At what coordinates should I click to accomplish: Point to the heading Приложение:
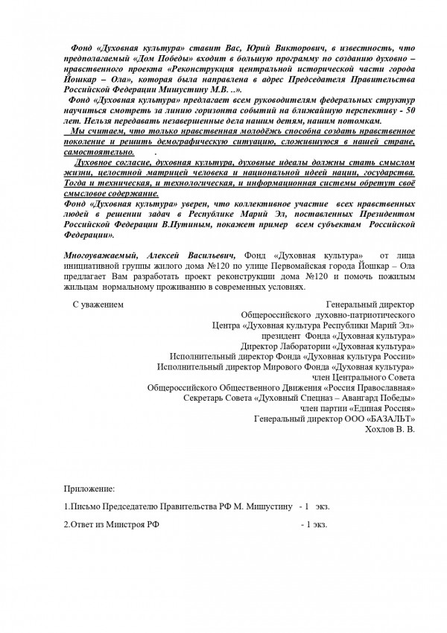pyautogui.click(x=89, y=490)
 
